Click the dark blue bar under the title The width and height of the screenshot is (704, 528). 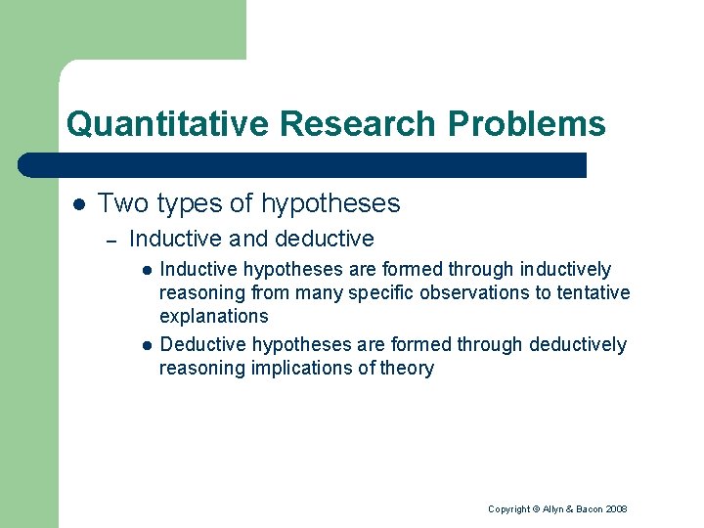[x=303, y=164]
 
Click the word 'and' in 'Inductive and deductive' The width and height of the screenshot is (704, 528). [x=248, y=239]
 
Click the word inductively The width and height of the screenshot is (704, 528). [x=566, y=269]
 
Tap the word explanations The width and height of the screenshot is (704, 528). [x=213, y=316]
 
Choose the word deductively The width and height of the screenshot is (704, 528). [x=577, y=344]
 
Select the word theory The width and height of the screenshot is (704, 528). [x=407, y=368]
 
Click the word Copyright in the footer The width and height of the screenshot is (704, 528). [x=508, y=509]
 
